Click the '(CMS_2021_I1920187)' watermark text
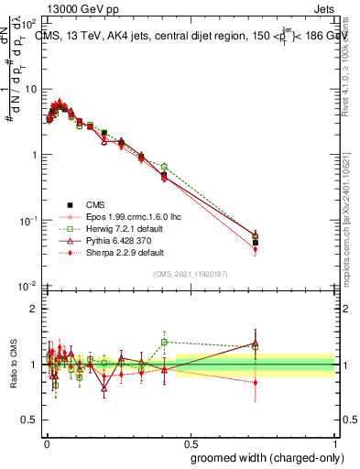(190, 275)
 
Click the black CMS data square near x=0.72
(256, 243)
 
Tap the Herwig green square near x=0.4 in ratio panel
(164, 342)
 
